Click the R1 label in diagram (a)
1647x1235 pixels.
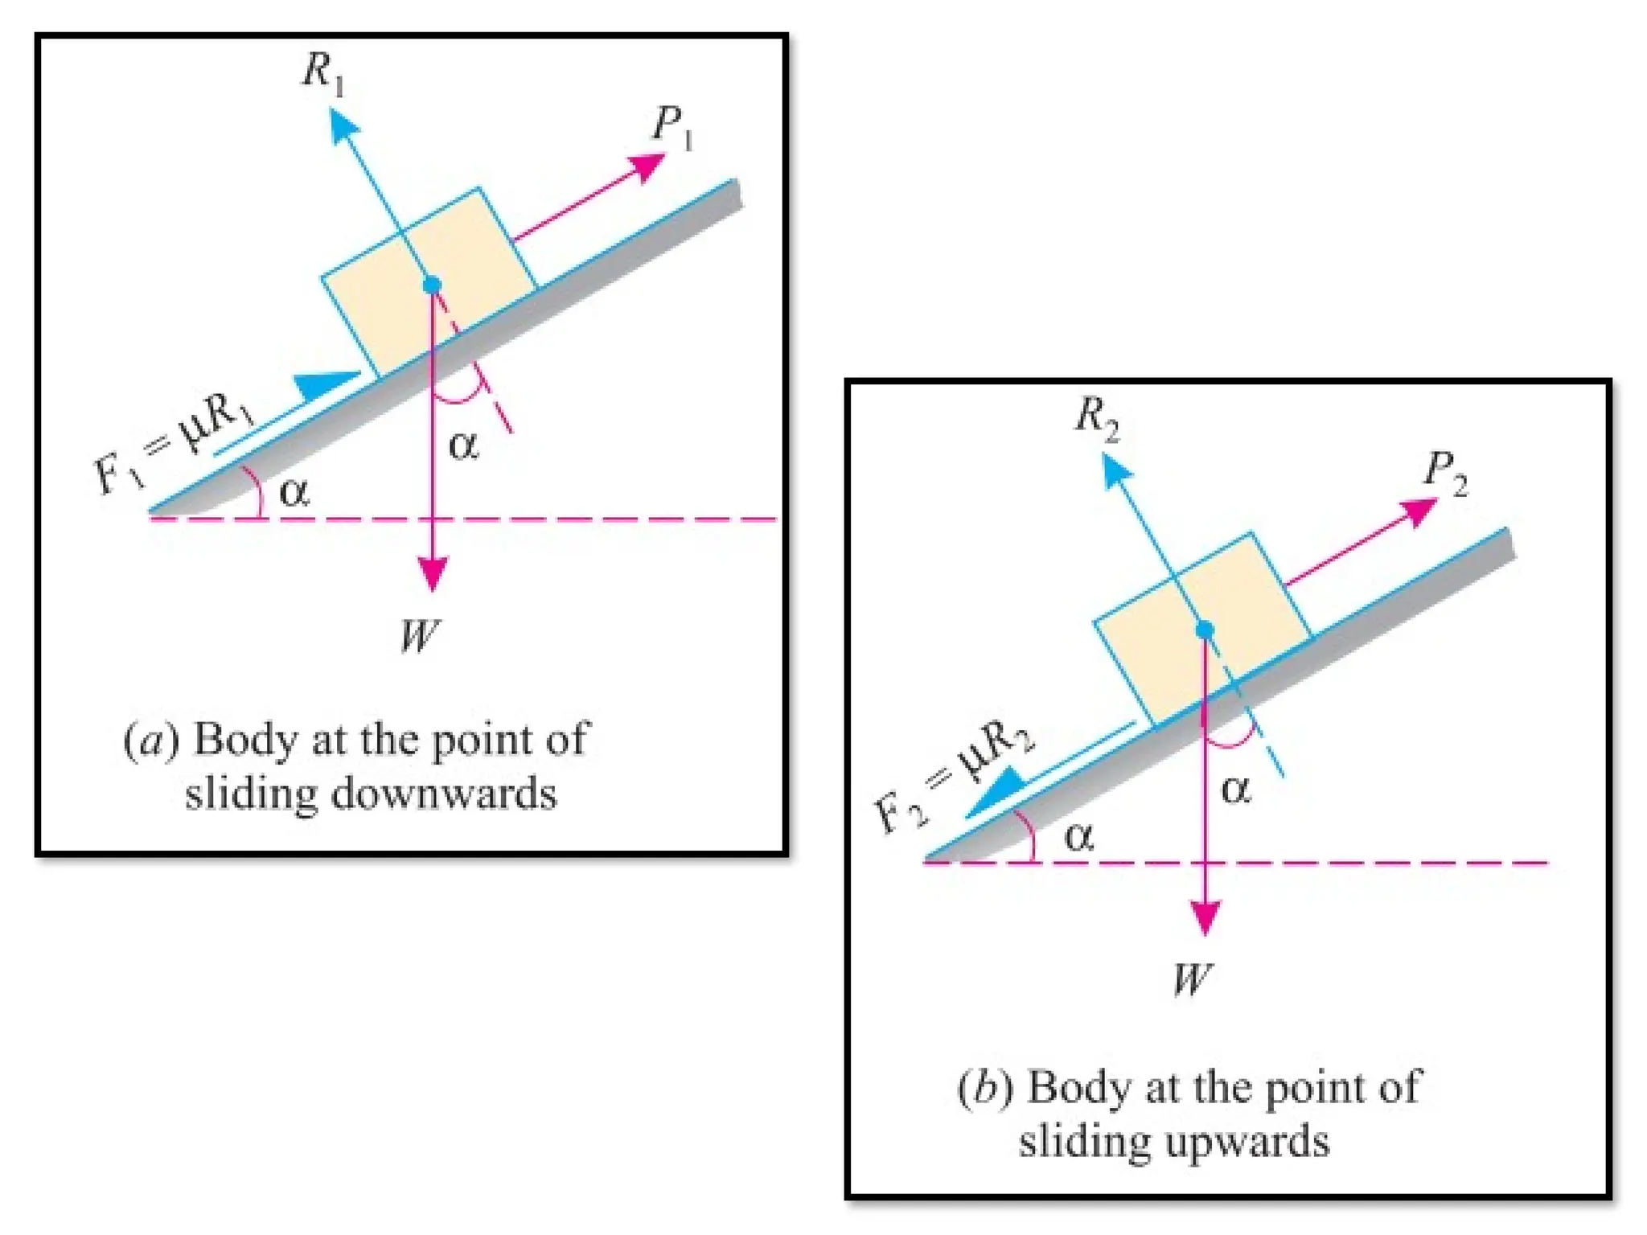[x=323, y=74]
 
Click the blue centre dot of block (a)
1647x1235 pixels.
[x=433, y=285]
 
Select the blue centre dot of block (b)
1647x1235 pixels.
[x=1204, y=630]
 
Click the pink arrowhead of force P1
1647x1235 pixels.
[x=647, y=166]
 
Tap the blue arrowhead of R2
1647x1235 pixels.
[x=1114, y=470]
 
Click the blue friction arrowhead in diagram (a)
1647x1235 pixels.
[x=326, y=384]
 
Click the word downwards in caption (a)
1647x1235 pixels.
[x=444, y=794]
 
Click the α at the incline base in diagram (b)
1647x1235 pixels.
[x=1078, y=838]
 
